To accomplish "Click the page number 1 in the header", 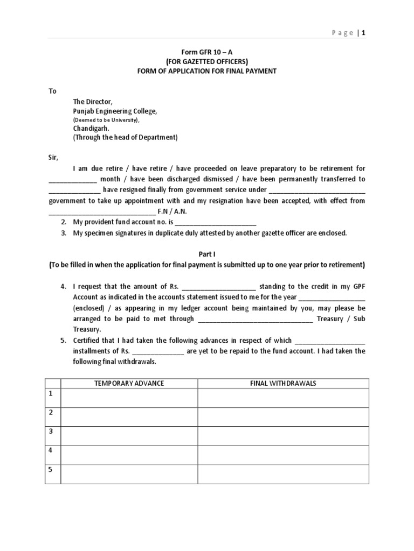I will click(x=364, y=32).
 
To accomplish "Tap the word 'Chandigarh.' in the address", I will click(x=91, y=129).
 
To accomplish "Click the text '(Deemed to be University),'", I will click(x=106, y=120).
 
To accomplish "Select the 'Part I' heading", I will click(x=207, y=253).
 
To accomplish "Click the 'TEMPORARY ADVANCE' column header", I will click(x=129, y=383).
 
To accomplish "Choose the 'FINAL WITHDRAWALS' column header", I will click(x=283, y=383).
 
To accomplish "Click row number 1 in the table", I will click(x=51, y=394).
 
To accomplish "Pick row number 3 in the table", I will click(x=51, y=432).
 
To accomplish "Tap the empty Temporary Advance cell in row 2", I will click(x=129, y=417).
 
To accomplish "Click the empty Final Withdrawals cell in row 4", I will click(x=283, y=455).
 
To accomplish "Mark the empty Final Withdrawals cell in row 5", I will click(x=283, y=474).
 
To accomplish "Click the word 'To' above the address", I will click(x=53, y=91).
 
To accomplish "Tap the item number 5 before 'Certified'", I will click(x=63, y=340).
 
